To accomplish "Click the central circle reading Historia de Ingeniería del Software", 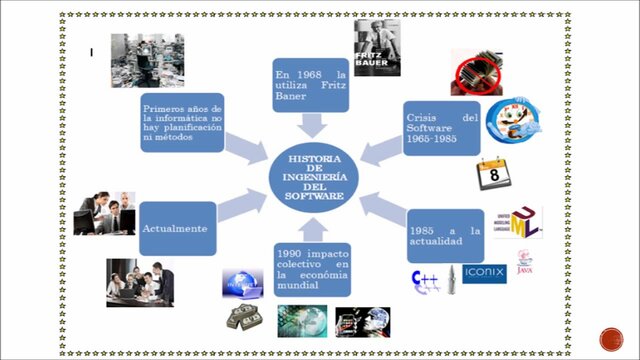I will pos(314,178).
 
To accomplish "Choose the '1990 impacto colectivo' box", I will pos(311,269).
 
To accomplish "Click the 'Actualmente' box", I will pos(176,229).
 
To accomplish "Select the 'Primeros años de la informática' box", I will pos(182,122).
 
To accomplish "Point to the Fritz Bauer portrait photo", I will pos(377,48).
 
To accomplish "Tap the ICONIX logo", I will pos(484,273).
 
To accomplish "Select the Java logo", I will pos(525,262).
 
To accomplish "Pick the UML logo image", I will pos(517,223).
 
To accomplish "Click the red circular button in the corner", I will pos(611,338).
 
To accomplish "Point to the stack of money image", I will pos(243,317).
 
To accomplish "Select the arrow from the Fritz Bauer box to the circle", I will pos(312,125).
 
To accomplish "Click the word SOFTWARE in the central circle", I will pos(314,196).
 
